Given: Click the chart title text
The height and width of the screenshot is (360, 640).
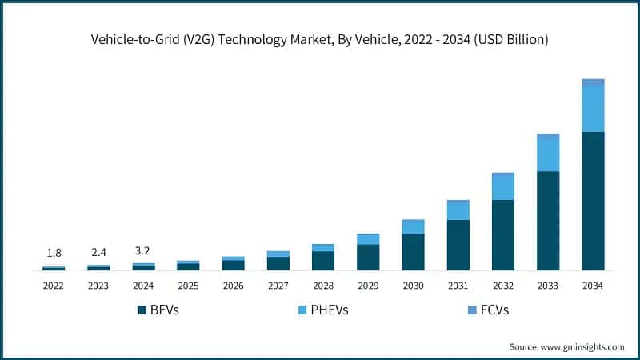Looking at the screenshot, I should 320,38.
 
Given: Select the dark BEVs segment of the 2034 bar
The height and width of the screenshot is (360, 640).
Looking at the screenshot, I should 593,202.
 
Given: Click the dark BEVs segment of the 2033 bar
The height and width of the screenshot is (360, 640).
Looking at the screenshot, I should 548,221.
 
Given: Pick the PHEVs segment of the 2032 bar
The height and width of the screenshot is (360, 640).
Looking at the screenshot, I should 503,186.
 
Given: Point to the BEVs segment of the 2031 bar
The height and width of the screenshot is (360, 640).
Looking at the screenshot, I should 458,245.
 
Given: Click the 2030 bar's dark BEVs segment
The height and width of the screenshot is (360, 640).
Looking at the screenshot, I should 413,252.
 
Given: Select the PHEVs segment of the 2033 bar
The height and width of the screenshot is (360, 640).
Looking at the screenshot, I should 548,154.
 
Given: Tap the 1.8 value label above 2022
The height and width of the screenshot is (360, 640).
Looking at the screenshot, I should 54,253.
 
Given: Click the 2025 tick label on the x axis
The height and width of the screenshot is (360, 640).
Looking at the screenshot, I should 188,286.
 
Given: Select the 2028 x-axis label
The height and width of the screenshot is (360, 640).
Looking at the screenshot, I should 323,286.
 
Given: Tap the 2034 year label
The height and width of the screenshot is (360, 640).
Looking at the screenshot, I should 593,286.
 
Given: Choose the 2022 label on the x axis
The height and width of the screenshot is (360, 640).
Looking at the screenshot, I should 54,286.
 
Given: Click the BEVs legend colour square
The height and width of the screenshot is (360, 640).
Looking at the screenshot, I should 143,310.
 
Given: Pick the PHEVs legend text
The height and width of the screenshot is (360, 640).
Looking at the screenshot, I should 332,310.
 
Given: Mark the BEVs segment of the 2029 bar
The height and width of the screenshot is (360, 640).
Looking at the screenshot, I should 368,258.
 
